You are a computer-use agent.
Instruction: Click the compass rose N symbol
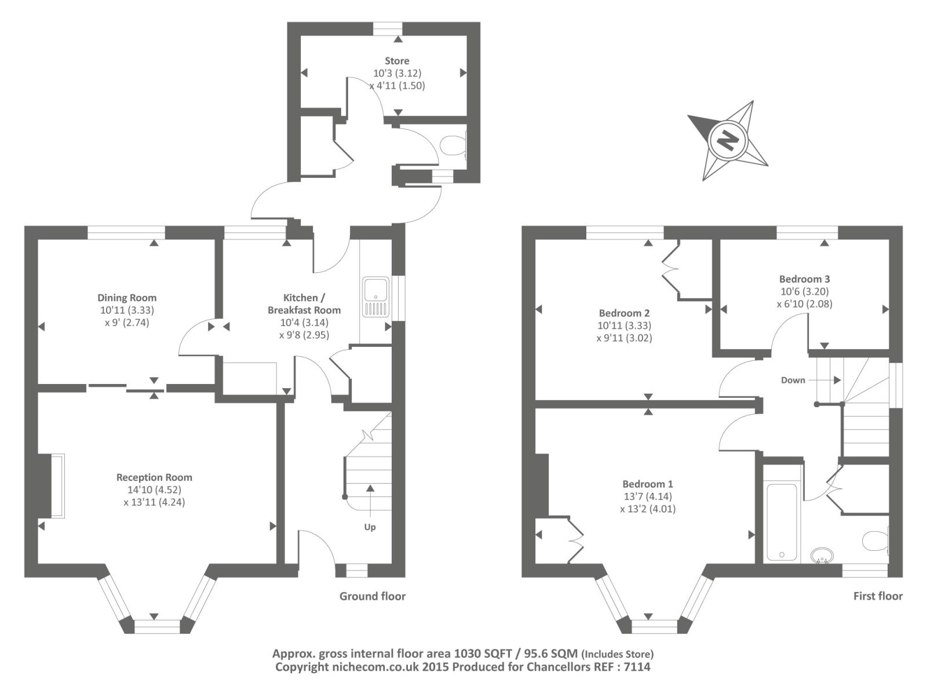coord(727,140)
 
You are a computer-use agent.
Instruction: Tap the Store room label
coord(397,61)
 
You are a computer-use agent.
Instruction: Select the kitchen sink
coord(375,297)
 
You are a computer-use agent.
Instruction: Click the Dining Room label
coord(127,298)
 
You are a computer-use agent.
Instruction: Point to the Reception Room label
coord(154,477)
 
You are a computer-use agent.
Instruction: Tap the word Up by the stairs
coord(370,527)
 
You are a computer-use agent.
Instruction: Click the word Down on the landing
coord(793,380)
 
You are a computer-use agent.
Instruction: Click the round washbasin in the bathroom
coord(821,555)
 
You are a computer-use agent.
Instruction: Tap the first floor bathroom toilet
coord(875,541)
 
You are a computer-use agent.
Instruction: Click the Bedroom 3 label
coord(804,279)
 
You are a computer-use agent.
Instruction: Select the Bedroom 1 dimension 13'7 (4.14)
coord(648,496)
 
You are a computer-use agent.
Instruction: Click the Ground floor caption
coord(372,596)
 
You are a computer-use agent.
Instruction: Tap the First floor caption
coord(877,596)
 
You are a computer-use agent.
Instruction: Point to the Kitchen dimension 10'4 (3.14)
coord(304,323)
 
